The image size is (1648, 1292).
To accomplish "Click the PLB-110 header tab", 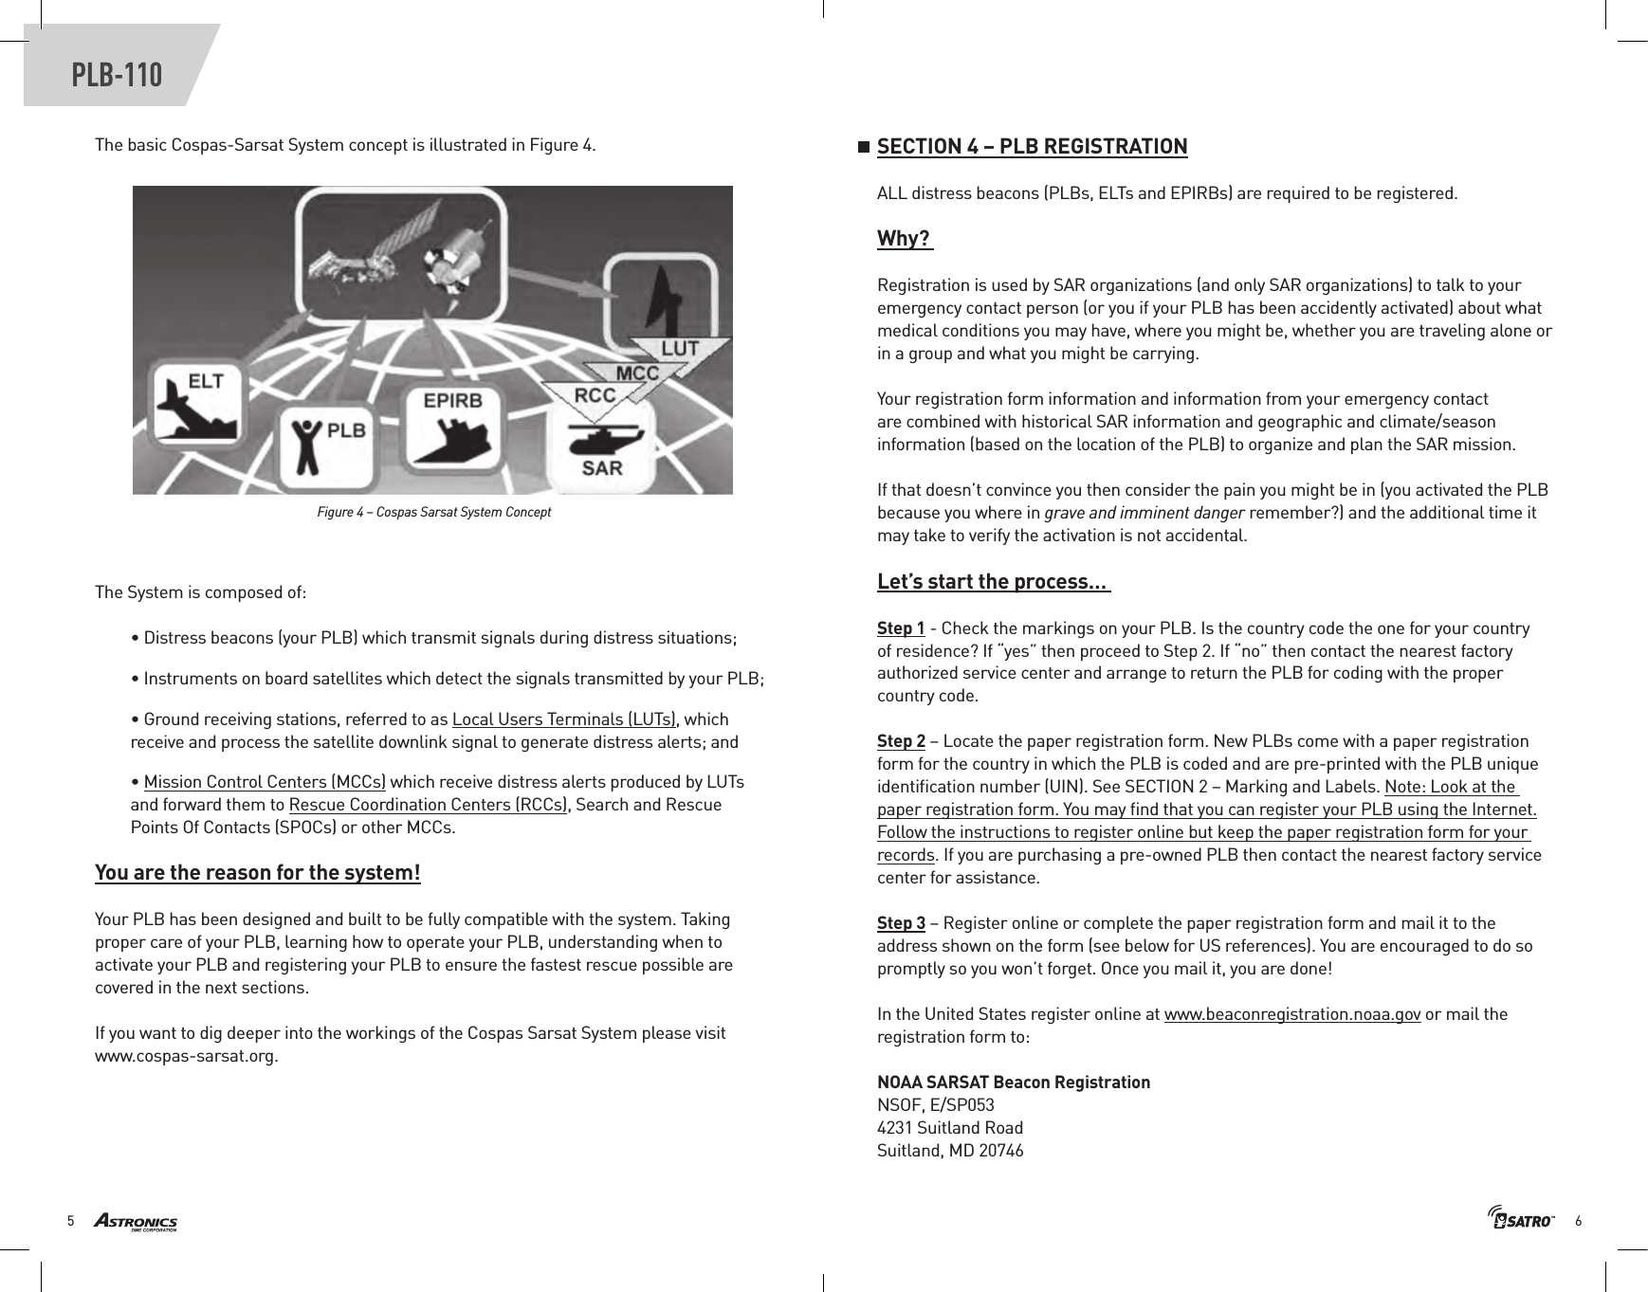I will [117, 74].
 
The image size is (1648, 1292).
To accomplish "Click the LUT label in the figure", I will [680, 349].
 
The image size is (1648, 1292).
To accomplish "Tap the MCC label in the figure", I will [637, 373].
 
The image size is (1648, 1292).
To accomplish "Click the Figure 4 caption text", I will [433, 512].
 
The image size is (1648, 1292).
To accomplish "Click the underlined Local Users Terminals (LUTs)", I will [565, 719].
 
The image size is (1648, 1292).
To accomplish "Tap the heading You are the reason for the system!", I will [258, 872].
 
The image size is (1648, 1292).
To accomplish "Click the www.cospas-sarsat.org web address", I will [187, 1056].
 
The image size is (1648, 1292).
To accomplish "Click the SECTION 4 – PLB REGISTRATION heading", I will [1032, 146].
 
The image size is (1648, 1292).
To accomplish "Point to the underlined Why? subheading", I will [904, 238].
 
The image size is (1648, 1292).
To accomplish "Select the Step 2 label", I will [901, 741].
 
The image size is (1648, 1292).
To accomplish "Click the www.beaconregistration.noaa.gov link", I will [1291, 1014].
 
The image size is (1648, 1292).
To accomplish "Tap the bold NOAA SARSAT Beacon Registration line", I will [1013, 1083].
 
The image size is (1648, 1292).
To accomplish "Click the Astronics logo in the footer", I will [135, 1221].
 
